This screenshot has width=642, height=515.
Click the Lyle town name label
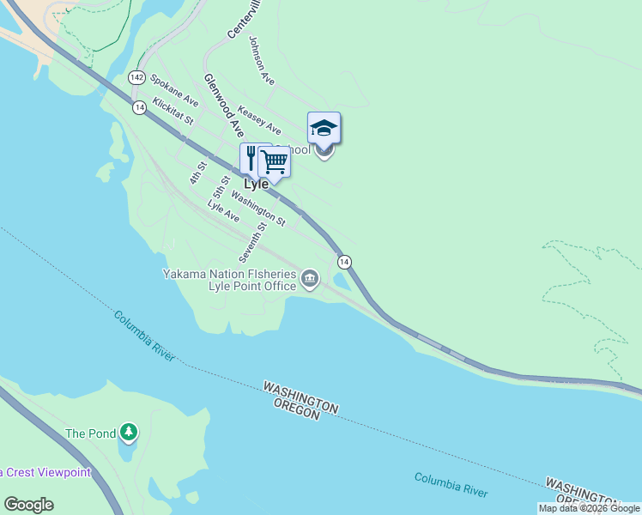coord(256,184)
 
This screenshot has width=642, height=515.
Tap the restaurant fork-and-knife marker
coord(251,157)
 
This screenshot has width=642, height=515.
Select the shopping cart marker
coord(274,161)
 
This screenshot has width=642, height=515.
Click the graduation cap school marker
coord(324,128)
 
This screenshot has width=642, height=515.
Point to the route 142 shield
coord(136,77)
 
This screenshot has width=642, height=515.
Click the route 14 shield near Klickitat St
coord(139,107)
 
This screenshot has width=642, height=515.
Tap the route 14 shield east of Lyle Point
coord(344,261)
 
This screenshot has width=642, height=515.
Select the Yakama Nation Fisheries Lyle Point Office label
coord(230,280)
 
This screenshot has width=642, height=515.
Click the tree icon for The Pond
coord(129,432)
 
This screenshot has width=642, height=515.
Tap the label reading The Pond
coord(90,433)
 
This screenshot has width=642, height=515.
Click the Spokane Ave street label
coord(174,90)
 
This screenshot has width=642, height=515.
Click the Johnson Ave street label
coord(262,60)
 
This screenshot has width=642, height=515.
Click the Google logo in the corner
coord(28,505)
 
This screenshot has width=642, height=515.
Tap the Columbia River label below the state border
coord(451,485)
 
